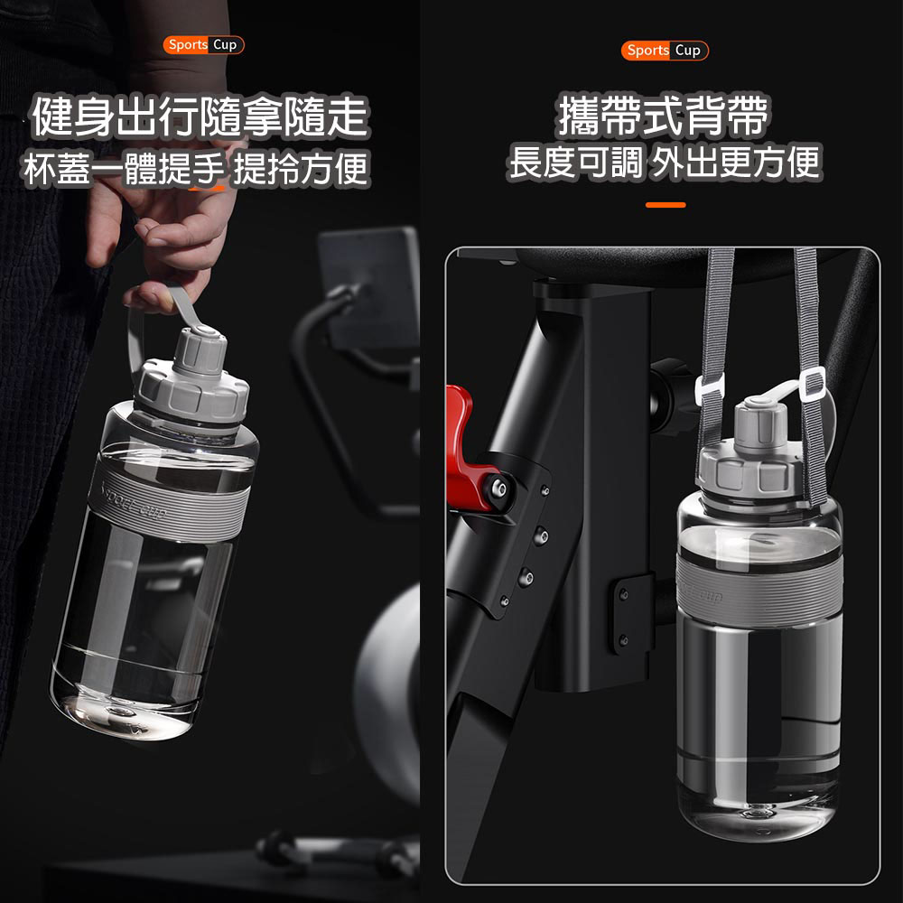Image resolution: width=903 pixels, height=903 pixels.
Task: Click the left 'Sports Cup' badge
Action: coord(203,45)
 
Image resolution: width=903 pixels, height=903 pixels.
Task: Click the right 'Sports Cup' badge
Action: coord(665,51)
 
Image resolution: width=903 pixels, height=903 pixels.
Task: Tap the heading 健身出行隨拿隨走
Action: coord(200,116)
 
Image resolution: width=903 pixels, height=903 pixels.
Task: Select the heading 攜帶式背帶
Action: coord(664,116)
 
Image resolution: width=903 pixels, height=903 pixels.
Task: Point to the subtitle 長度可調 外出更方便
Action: coord(665,163)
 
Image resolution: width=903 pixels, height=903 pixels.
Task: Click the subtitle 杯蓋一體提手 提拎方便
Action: coord(196,169)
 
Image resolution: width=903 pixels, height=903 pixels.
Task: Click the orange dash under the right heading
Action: coord(666,205)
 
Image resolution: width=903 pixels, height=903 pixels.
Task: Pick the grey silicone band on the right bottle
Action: coord(759,589)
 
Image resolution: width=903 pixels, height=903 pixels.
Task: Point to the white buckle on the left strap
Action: coord(710,390)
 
